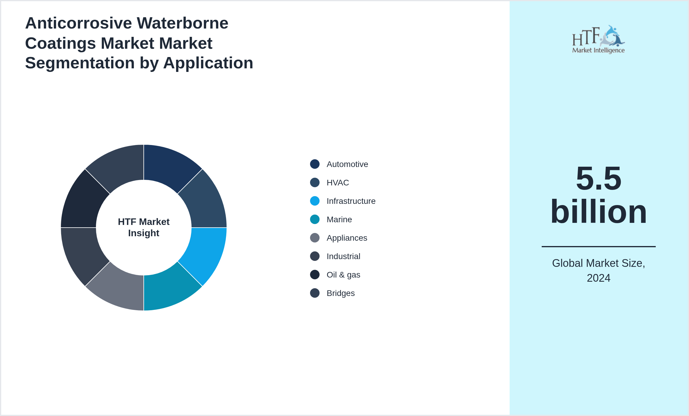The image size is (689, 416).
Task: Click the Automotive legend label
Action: [x=347, y=164]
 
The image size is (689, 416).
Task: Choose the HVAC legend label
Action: [x=338, y=182]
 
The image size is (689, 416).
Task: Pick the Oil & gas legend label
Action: [x=343, y=275]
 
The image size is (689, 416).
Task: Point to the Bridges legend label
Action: [x=341, y=293]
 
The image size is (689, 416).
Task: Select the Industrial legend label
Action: [x=343, y=256]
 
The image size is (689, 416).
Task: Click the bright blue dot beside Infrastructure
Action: [x=315, y=201]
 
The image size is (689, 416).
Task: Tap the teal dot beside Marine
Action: [x=315, y=219]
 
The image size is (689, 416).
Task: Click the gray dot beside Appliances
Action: [x=315, y=238]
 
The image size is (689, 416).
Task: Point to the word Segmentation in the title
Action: [x=80, y=63]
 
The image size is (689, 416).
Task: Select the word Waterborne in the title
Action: [x=182, y=23]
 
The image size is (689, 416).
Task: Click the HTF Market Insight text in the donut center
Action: [x=144, y=227]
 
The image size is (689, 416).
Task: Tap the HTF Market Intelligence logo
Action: [x=598, y=40]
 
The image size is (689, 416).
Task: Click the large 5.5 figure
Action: [x=598, y=178]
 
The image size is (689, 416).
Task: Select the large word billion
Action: [x=598, y=212]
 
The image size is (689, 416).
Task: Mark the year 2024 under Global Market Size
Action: [x=598, y=278]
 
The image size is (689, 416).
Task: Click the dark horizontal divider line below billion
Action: [x=598, y=246]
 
